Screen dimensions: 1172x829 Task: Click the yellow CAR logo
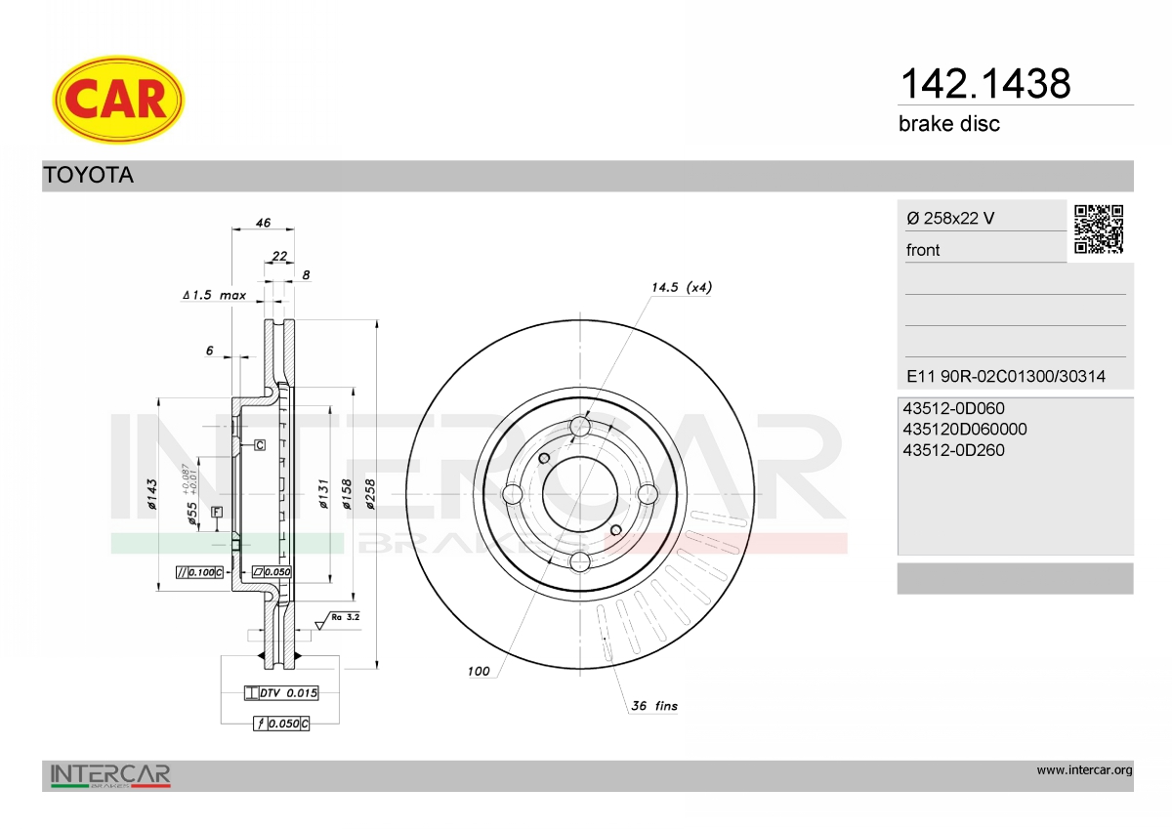click(x=118, y=100)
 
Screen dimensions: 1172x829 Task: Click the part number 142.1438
click(x=985, y=84)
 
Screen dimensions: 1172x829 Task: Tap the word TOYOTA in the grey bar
click(x=89, y=175)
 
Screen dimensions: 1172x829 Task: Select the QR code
click(x=1099, y=229)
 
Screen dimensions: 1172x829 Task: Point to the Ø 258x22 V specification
click(x=950, y=218)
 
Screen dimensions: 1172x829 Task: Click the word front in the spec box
click(x=922, y=250)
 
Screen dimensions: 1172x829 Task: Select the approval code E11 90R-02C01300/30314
click(x=1006, y=376)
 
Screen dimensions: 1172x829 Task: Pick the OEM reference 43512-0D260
click(x=953, y=450)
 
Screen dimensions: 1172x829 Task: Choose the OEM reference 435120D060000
click(x=965, y=430)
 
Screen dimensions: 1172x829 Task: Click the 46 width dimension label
click(x=263, y=223)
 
